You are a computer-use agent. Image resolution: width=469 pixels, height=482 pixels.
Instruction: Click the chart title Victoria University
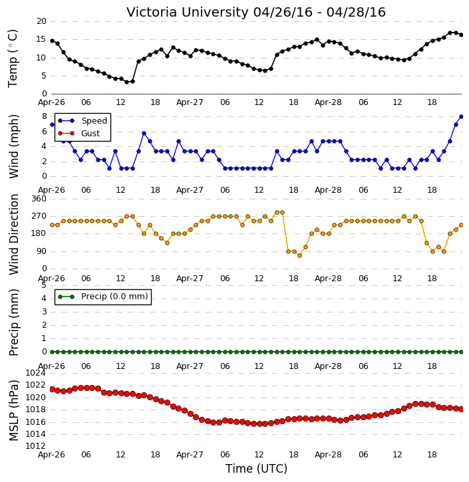coord(188,12)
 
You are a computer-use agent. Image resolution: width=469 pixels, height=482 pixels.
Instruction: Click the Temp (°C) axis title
coord(13,59)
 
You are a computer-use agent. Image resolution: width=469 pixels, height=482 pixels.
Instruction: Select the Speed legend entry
coord(82,121)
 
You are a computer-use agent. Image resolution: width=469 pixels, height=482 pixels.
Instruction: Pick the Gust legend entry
coord(79,134)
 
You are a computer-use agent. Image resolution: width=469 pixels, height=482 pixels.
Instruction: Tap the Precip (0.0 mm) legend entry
coord(103,297)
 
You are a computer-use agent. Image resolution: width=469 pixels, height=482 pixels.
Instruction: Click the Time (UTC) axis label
coord(257,469)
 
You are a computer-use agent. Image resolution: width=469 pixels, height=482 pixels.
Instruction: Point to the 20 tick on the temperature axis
coord(41,21)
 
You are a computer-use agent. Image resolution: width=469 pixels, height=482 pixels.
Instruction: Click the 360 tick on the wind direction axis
coord(39,199)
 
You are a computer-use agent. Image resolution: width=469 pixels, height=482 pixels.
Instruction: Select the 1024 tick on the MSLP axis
coord(35,373)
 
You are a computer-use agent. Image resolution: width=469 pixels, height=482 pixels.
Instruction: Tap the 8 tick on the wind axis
coord(45,116)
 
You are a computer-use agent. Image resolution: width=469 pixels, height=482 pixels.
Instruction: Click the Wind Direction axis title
coord(14,234)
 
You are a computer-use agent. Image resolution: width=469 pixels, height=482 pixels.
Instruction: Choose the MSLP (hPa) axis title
coord(14,410)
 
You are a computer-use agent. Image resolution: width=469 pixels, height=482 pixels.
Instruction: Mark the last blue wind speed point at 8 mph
coord(461,117)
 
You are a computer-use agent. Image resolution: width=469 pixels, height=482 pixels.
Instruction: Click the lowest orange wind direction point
coord(299,256)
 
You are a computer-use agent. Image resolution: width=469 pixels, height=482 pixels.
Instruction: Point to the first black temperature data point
coord(52,41)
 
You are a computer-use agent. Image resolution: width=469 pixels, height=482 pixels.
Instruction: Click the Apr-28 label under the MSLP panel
coord(328,455)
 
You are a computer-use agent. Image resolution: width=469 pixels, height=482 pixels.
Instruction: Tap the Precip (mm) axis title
coord(14,322)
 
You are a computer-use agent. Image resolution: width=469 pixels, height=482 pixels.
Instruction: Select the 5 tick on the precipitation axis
coord(44,285)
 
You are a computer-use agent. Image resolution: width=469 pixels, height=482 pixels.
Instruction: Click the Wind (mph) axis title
coord(14,146)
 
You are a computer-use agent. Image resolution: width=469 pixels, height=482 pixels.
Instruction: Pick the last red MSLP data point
coord(461,409)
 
